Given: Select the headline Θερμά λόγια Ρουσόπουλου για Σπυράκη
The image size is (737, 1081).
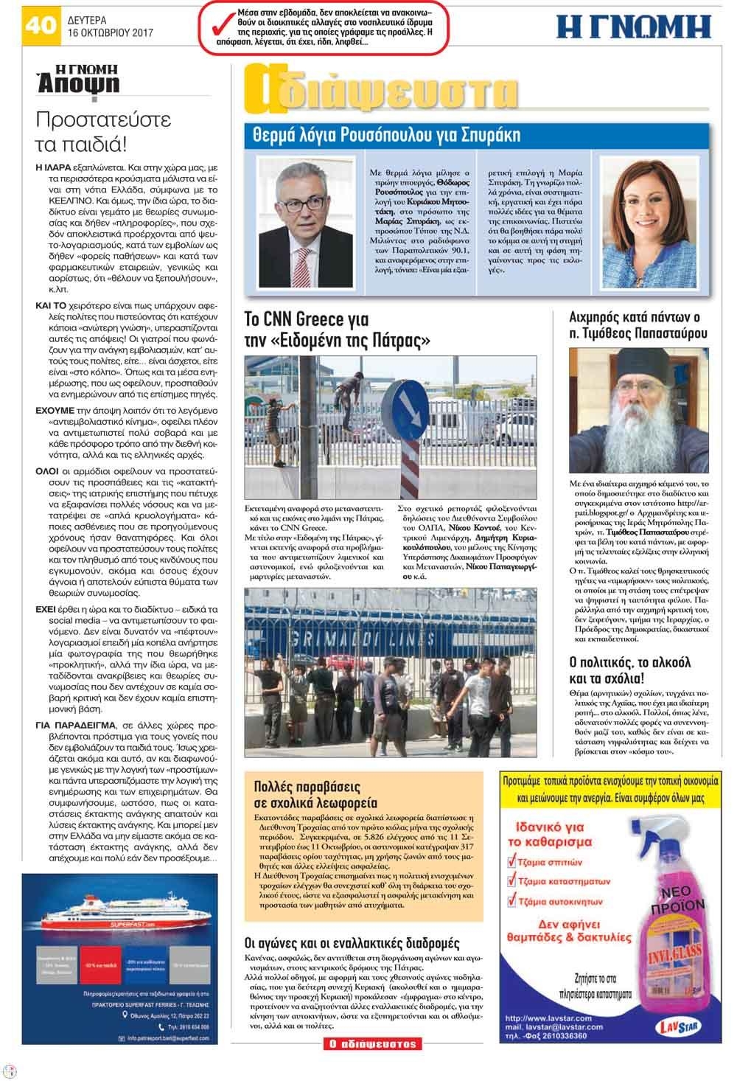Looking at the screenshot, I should click(387, 135).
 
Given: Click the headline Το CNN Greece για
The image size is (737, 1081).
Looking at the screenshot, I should click(316, 320).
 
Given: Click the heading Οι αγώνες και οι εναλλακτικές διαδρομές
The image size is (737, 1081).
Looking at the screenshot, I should click(352, 943).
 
